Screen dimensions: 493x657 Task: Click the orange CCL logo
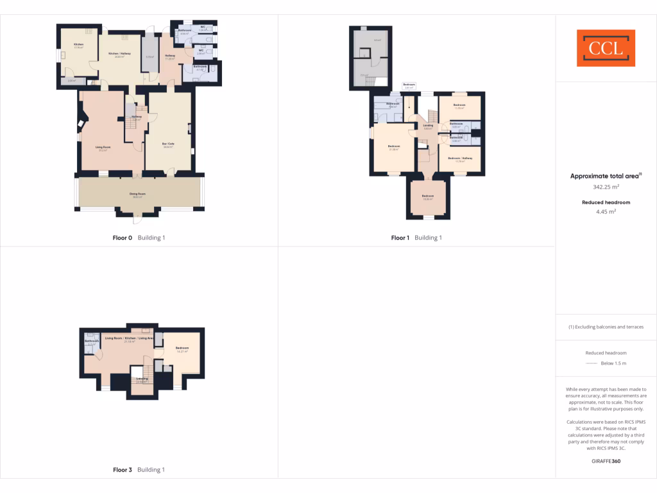[x=606, y=48]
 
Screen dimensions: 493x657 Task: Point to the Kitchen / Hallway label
[x=119, y=55]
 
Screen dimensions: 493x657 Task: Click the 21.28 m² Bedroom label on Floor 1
[x=394, y=148]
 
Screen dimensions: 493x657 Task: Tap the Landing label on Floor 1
[x=428, y=126]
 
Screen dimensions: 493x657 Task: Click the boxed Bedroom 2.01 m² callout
[x=409, y=85]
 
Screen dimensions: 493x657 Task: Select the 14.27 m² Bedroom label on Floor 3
[x=182, y=349]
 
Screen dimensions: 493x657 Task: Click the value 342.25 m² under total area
[x=606, y=187]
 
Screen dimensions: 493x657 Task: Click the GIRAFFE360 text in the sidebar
[x=606, y=461]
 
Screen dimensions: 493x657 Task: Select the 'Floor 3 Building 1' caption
[x=139, y=470]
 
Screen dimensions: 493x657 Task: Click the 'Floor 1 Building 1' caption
[x=417, y=238]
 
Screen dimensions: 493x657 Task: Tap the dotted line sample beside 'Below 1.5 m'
[x=591, y=363]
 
